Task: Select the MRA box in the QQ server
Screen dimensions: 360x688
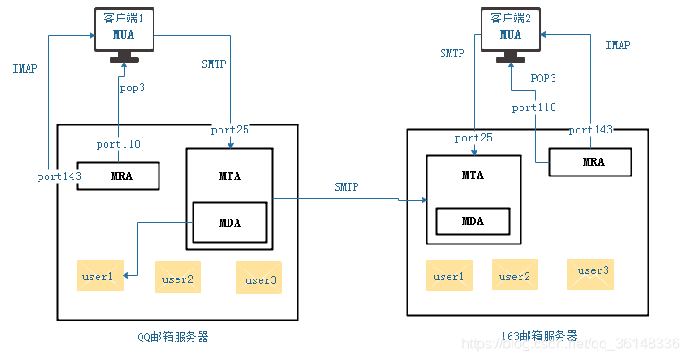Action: tap(117, 176)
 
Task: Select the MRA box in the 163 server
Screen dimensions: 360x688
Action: tap(592, 162)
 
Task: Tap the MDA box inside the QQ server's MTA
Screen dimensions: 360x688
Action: tap(230, 221)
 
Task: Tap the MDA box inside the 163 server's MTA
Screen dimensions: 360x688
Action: tap(473, 221)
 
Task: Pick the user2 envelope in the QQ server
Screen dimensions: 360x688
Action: tap(177, 279)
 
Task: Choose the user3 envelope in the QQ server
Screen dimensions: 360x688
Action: tap(260, 279)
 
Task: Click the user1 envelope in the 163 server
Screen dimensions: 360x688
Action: tap(449, 276)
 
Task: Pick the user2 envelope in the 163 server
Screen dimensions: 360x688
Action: tap(514, 276)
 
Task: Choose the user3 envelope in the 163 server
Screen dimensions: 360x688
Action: tap(591, 272)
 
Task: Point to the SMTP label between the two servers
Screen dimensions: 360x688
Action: tap(347, 187)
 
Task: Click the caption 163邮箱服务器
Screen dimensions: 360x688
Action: tap(539, 336)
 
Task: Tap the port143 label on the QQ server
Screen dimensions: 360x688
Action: tap(59, 176)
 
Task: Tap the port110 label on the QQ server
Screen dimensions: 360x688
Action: tap(118, 144)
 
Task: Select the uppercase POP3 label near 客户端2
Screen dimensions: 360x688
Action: tap(543, 79)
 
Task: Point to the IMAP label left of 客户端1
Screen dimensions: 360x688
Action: tap(24, 69)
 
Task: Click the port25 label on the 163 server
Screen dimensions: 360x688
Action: tap(474, 138)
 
